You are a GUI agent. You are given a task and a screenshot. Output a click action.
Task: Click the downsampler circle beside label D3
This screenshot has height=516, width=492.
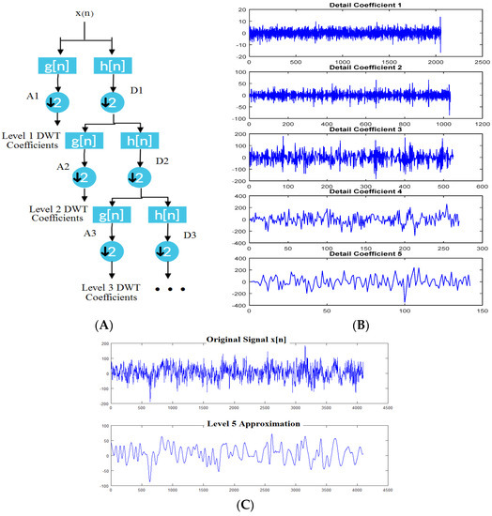(x=165, y=250)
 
